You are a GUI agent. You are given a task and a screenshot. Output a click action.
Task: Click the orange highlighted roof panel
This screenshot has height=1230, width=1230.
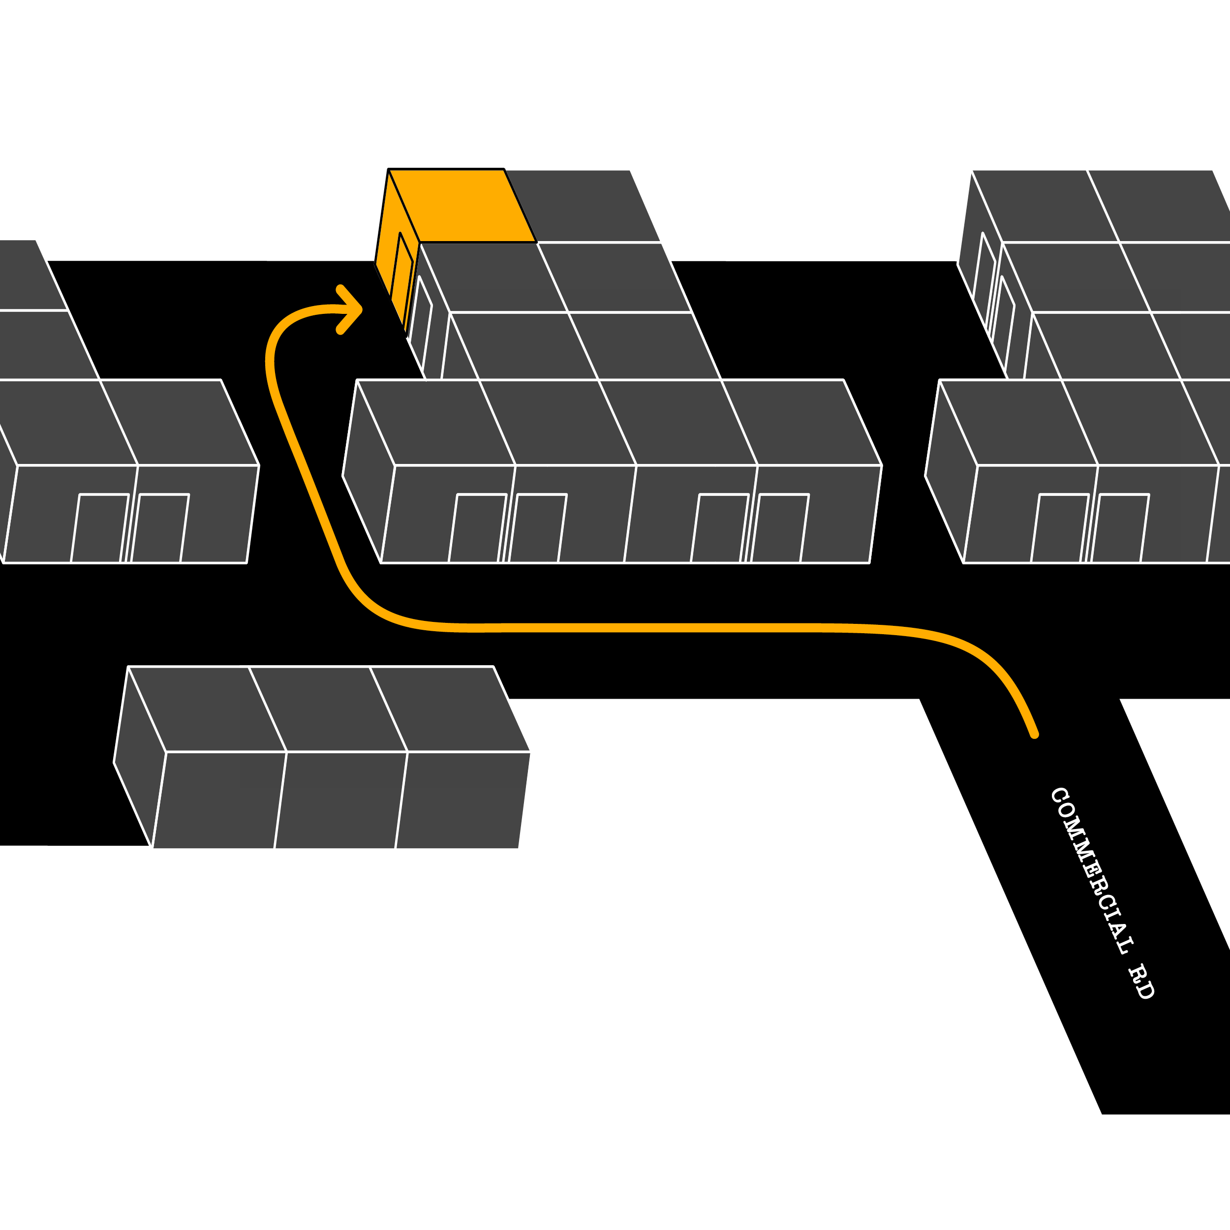point(462,206)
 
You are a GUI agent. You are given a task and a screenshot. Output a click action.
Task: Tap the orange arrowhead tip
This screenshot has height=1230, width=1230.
point(360,309)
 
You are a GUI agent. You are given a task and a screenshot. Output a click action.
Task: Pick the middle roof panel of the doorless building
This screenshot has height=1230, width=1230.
point(328,708)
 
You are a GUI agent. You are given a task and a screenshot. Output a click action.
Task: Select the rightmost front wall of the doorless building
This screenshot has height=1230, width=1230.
point(463,800)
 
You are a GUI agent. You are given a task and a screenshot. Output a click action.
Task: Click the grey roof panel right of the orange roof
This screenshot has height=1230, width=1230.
point(583,206)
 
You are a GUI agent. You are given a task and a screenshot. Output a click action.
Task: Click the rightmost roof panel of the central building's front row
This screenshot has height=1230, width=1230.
point(801,422)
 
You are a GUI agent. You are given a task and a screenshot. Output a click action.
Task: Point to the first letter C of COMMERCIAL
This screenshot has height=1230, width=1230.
point(1059,795)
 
